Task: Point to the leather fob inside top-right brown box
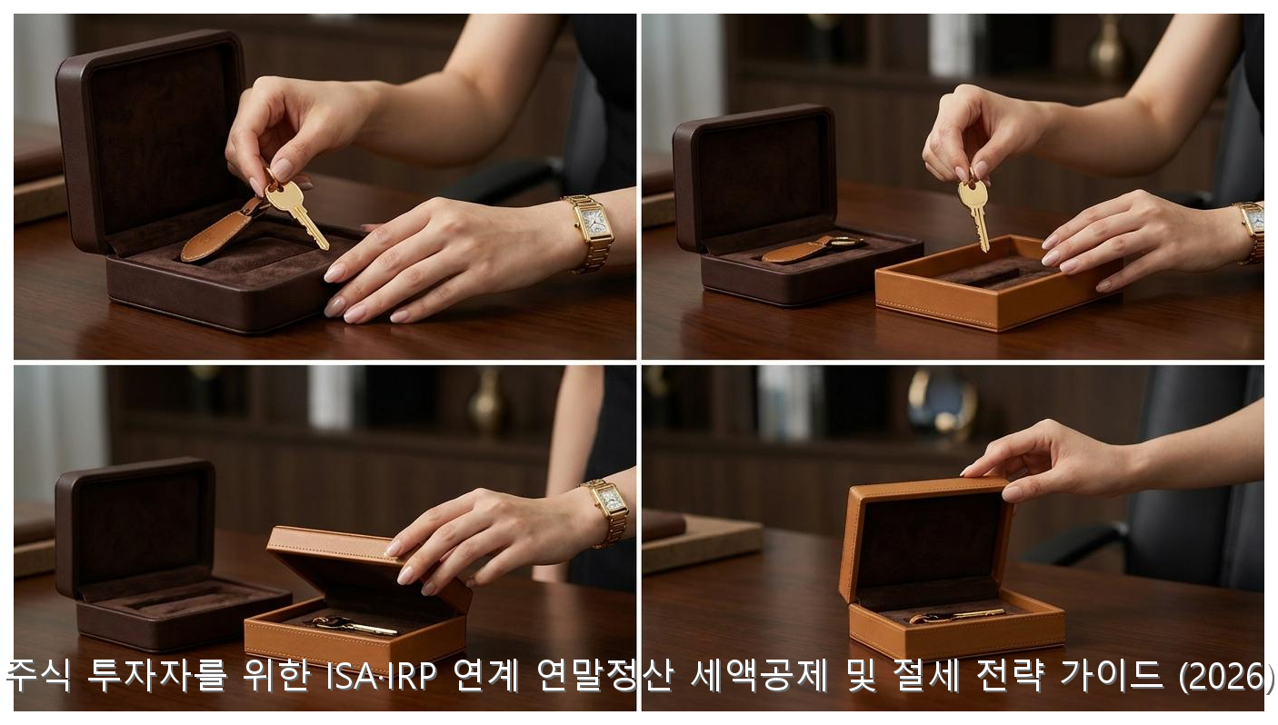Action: (x=810, y=249)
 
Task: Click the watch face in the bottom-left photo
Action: (x=610, y=499)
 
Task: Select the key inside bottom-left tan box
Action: (x=354, y=626)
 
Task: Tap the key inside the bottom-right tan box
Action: (x=956, y=615)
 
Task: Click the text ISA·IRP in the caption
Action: (x=381, y=675)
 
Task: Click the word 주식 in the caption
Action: (x=39, y=675)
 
